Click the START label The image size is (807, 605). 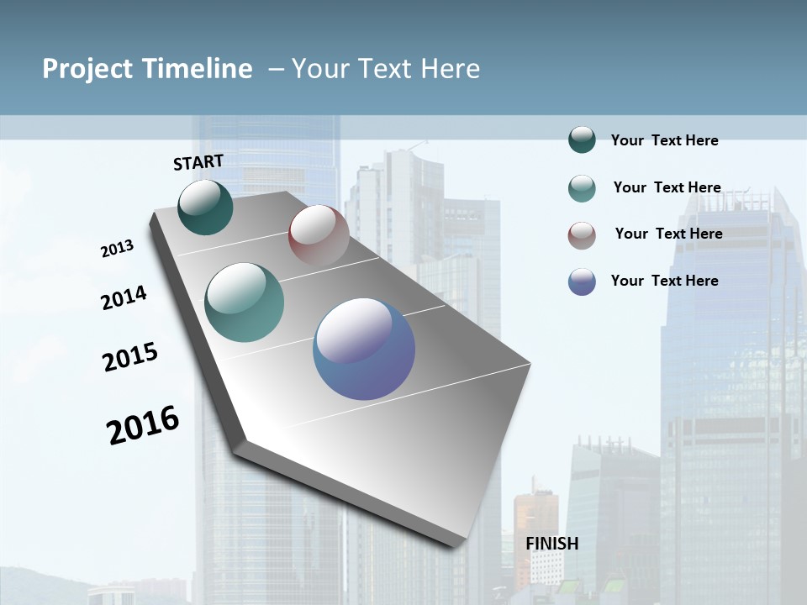coord(198,162)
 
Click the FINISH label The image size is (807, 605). coord(551,544)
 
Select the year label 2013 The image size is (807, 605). coord(117,249)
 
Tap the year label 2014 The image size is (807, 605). coord(124,297)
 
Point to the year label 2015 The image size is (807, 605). coord(130,357)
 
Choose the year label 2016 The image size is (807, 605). coord(143,425)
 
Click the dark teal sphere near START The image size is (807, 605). coord(205,207)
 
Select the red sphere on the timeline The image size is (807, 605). coord(319,234)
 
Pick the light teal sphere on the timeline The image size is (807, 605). coord(245,302)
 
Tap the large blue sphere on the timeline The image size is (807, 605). coord(364,349)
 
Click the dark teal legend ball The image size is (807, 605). coord(582,140)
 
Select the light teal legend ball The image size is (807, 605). coord(582,188)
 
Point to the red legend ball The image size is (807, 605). coord(582,235)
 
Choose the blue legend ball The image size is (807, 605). coord(582,281)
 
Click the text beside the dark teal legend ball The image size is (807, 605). coord(664,140)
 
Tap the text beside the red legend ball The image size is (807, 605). coord(668,234)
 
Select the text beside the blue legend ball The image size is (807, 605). coord(664,281)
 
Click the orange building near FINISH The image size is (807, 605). coord(535,521)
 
